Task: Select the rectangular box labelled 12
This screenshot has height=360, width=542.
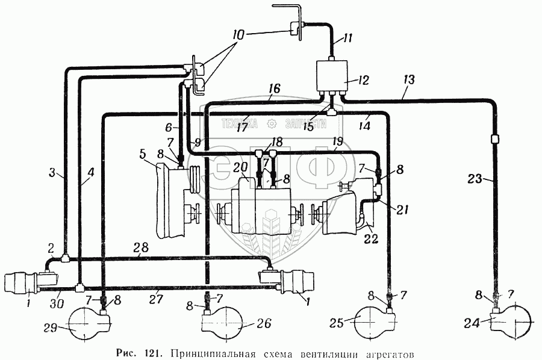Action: tap(333, 76)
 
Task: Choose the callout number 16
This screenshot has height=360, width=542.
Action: tap(274, 89)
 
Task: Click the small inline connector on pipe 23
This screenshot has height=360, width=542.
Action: tap(494, 139)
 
